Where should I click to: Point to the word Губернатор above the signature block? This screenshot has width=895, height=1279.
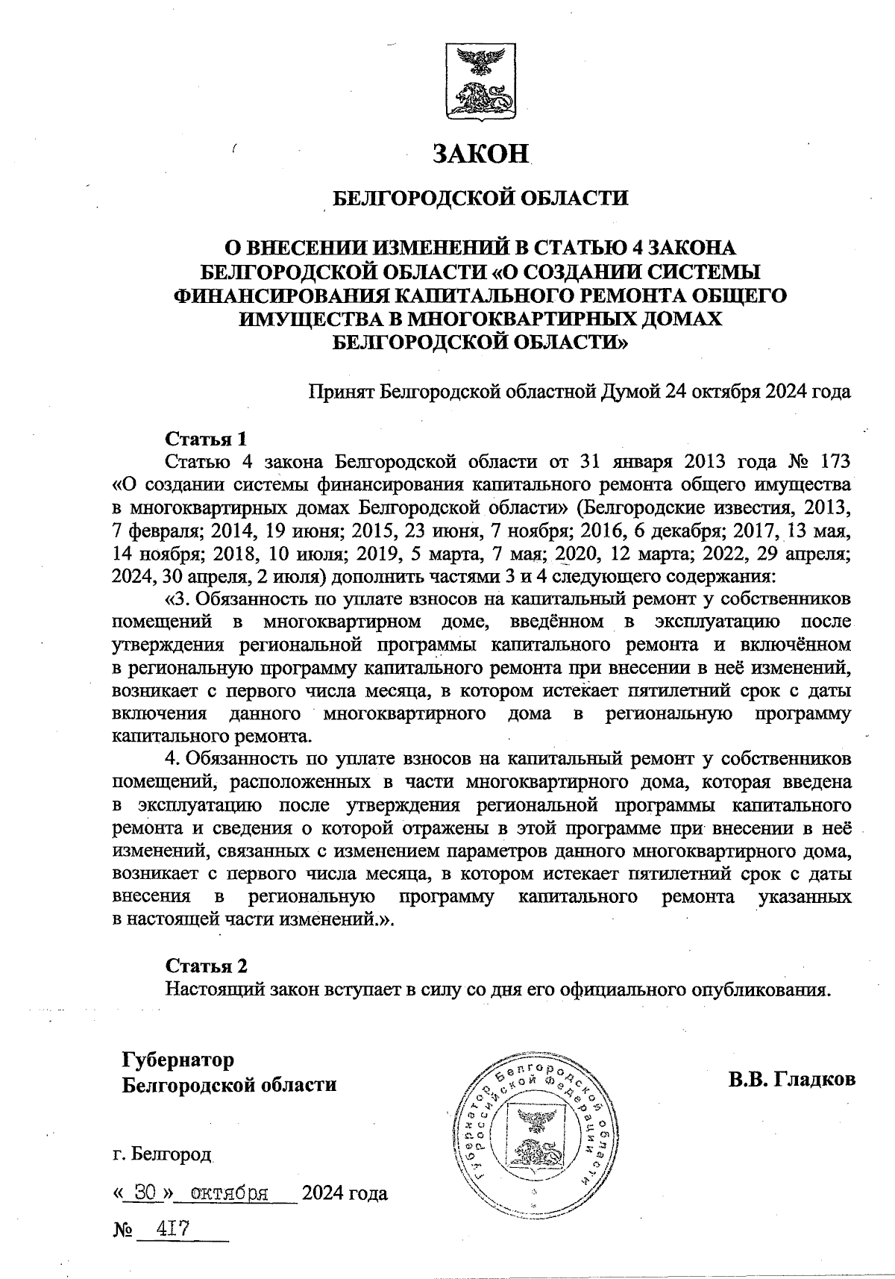click(178, 1060)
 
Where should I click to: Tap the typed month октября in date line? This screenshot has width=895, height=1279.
click(229, 1193)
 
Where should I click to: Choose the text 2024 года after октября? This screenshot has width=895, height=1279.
click(343, 1194)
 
